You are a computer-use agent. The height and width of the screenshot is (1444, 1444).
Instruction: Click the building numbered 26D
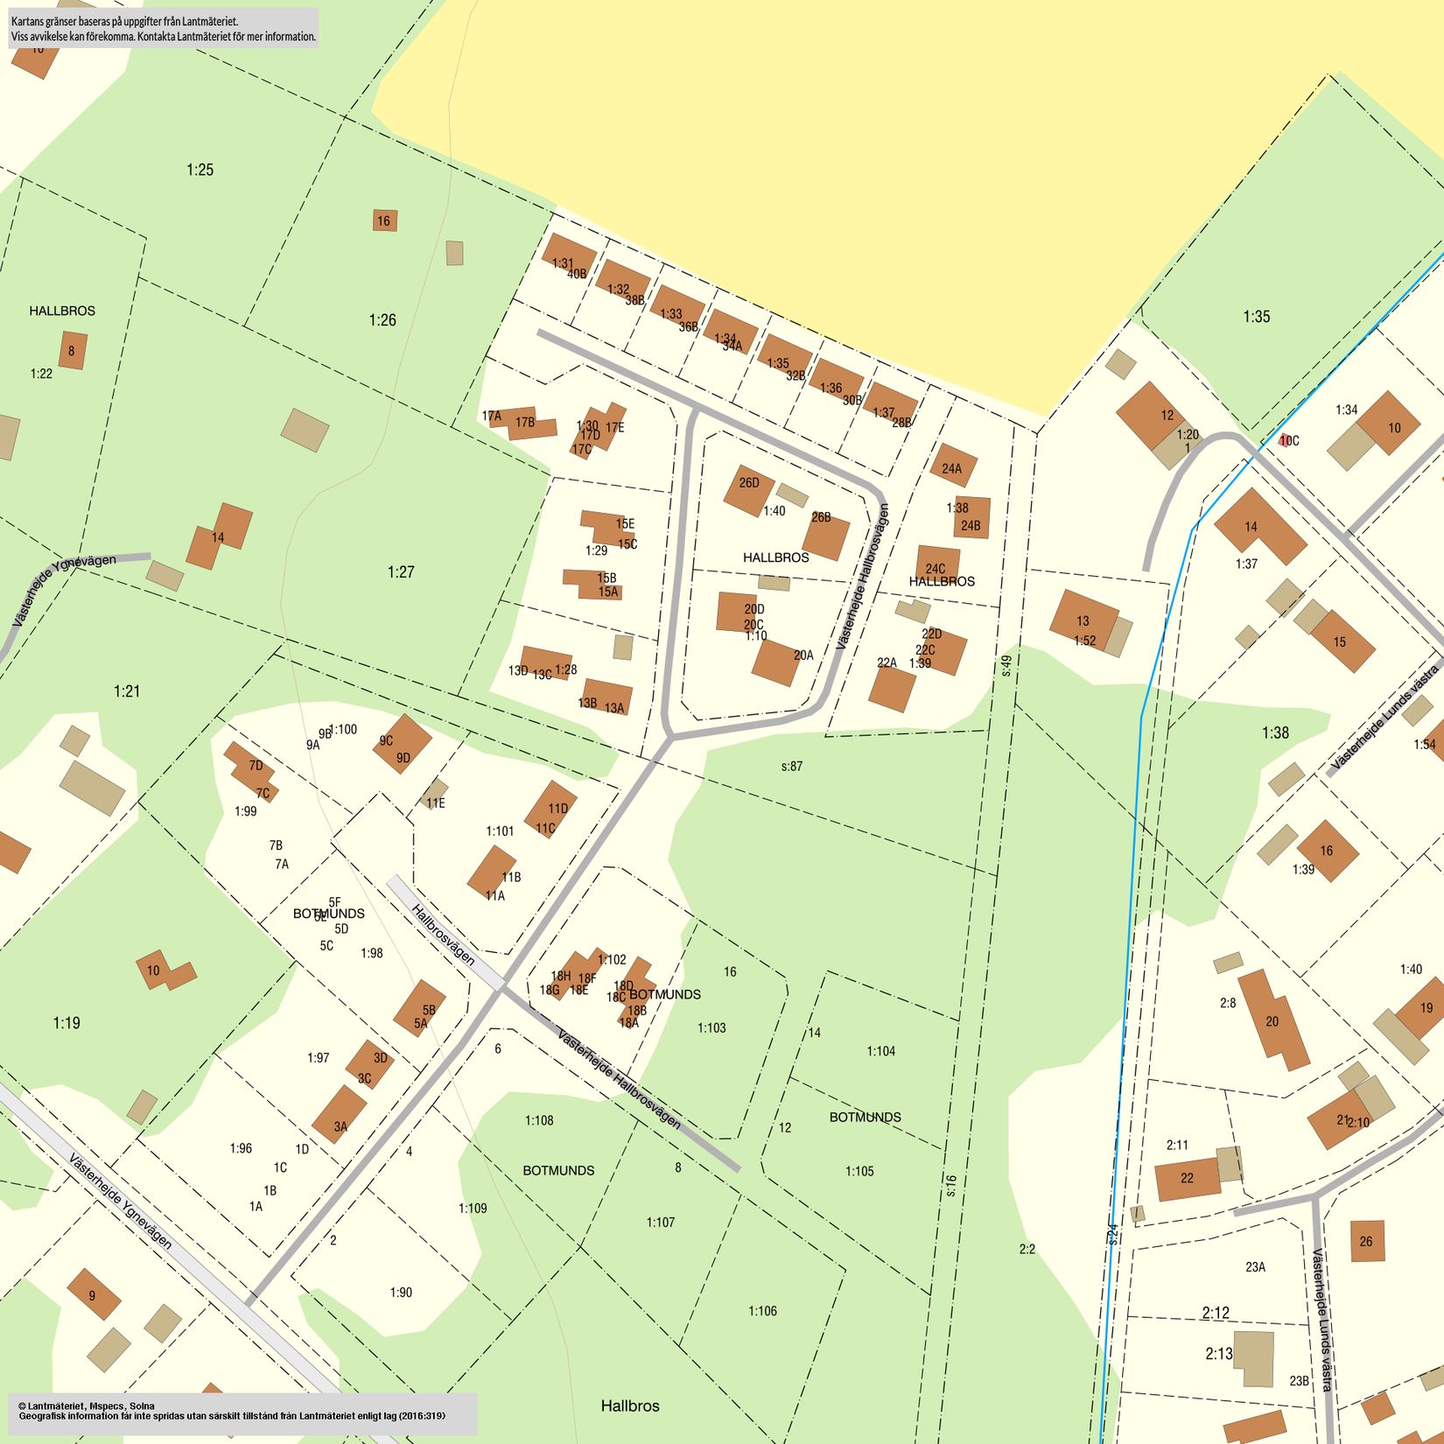748,489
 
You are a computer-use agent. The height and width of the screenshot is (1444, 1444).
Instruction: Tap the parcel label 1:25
200,170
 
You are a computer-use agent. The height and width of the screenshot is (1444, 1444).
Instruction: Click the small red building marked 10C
1285,440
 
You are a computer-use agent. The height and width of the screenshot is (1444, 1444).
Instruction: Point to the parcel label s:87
791,767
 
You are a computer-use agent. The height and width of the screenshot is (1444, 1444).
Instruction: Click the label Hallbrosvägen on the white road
443,935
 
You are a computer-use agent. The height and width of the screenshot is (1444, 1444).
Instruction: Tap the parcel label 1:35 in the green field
1256,317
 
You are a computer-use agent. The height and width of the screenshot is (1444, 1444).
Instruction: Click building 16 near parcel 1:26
384,221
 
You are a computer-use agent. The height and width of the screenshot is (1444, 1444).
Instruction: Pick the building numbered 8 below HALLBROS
72,350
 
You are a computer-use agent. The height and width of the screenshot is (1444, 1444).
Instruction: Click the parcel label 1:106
762,1311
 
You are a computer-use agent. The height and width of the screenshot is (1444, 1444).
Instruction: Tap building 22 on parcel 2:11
1187,1178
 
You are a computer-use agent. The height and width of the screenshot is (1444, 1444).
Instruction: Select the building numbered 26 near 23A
1366,1241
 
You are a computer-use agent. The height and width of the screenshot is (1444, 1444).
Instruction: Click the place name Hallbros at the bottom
630,1405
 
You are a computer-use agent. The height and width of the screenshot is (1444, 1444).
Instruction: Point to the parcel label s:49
1006,666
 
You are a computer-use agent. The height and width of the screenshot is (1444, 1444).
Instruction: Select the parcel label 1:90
401,1293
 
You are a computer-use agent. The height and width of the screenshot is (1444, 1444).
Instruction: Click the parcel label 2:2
1027,1249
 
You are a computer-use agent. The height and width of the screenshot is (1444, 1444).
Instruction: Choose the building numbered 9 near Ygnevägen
94,1294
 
